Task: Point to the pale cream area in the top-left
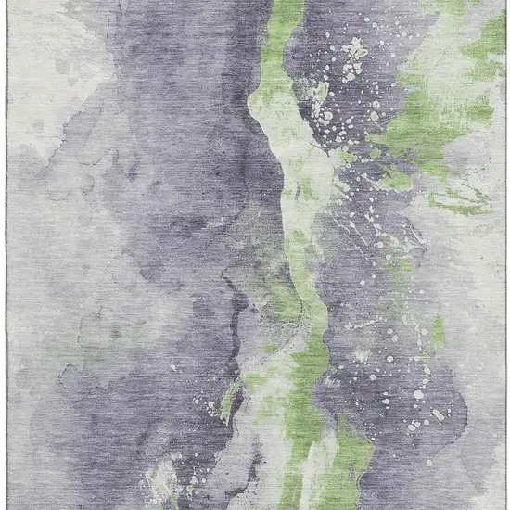[x=46, y=56]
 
